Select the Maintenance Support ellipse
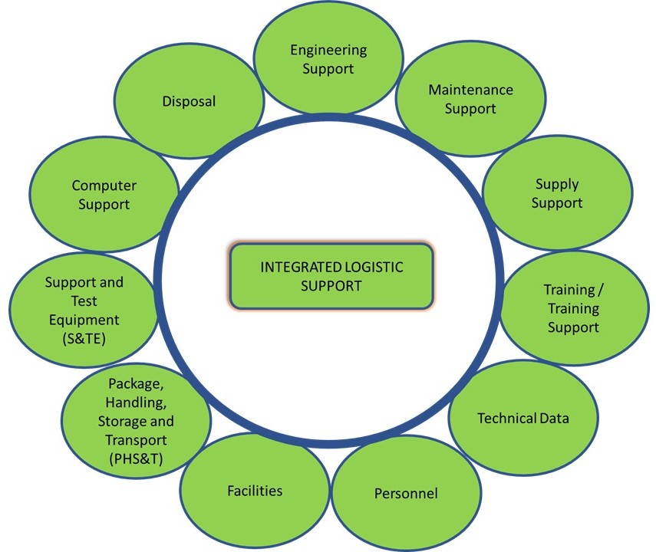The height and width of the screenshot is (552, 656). [470, 98]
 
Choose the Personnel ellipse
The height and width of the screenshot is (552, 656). [406, 493]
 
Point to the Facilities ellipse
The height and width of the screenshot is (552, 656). [255, 490]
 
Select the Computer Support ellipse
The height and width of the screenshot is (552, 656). [104, 195]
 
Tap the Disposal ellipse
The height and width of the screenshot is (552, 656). [189, 100]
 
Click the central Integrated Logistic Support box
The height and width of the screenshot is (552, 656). [331, 277]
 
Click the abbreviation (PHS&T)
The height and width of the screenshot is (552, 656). [136, 458]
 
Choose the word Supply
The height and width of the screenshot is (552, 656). [556, 184]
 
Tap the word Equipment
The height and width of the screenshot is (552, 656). [84, 319]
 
